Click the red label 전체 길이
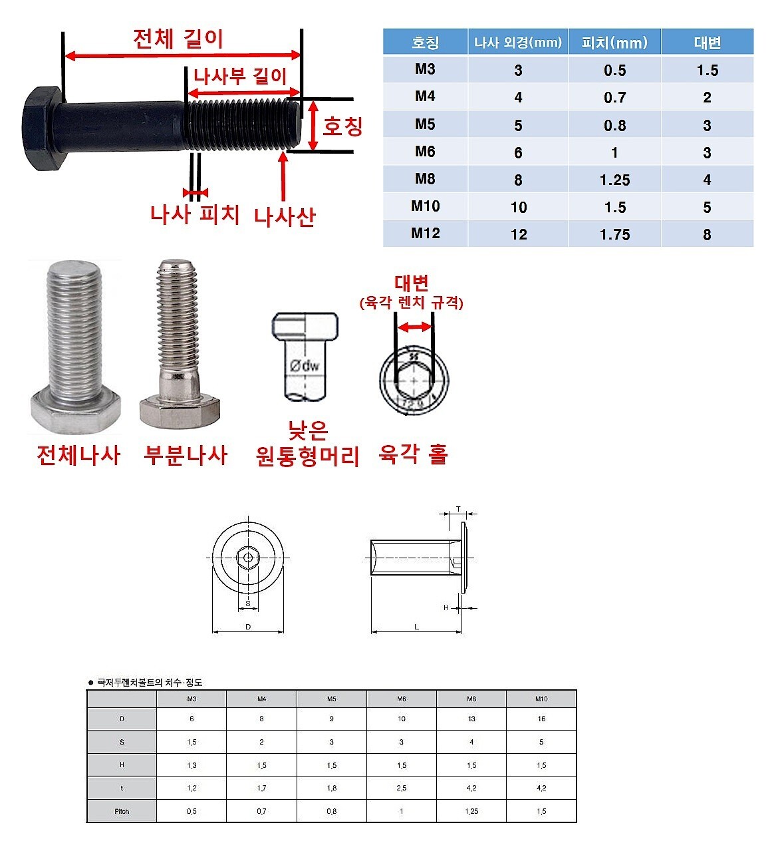[178, 39]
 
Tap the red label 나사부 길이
[240, 77]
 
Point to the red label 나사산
[285, 216]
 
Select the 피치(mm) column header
[614, 42]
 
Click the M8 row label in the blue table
[425, 179]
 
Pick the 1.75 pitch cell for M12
[614, 234]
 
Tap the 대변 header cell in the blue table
[707, 42]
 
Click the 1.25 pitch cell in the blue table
[614, 180]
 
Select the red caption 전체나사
[79, 455]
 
